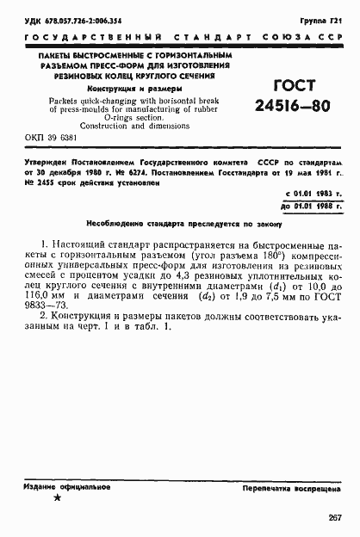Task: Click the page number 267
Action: pos(334,516)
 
